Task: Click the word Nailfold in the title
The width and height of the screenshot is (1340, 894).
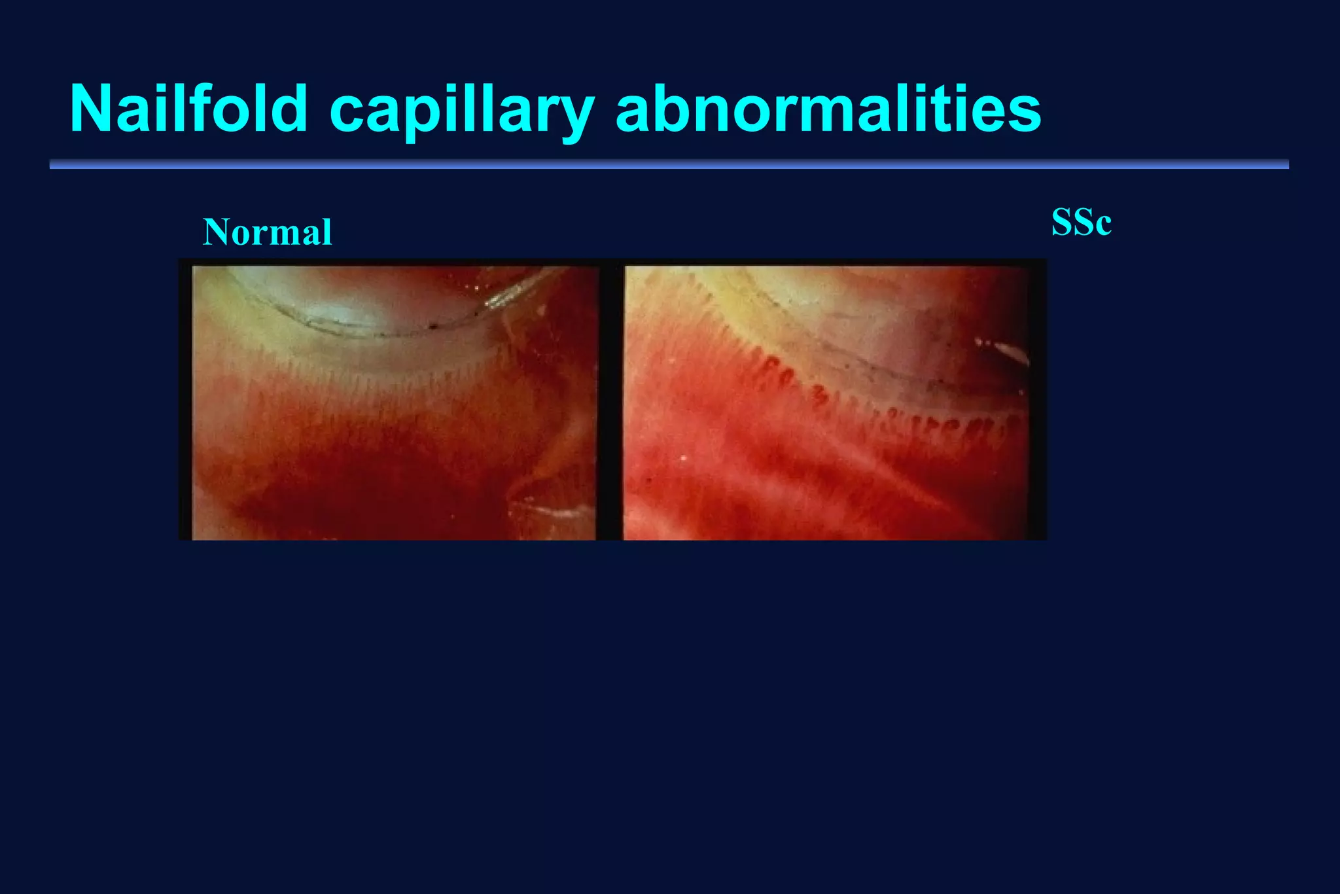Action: coord(188,109)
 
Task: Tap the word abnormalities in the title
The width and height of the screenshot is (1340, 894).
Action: coord(828,109)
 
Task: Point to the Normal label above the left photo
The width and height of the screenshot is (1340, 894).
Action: coord(268,232)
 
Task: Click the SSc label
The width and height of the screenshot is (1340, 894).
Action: coord(1081,223)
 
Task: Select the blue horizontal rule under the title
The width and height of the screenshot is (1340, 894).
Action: coord(669,164)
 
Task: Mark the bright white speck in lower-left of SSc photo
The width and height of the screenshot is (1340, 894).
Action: coord(683,458)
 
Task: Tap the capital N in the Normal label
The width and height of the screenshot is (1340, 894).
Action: coord(215,232)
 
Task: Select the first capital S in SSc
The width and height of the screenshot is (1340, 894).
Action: coord(1061,223)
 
